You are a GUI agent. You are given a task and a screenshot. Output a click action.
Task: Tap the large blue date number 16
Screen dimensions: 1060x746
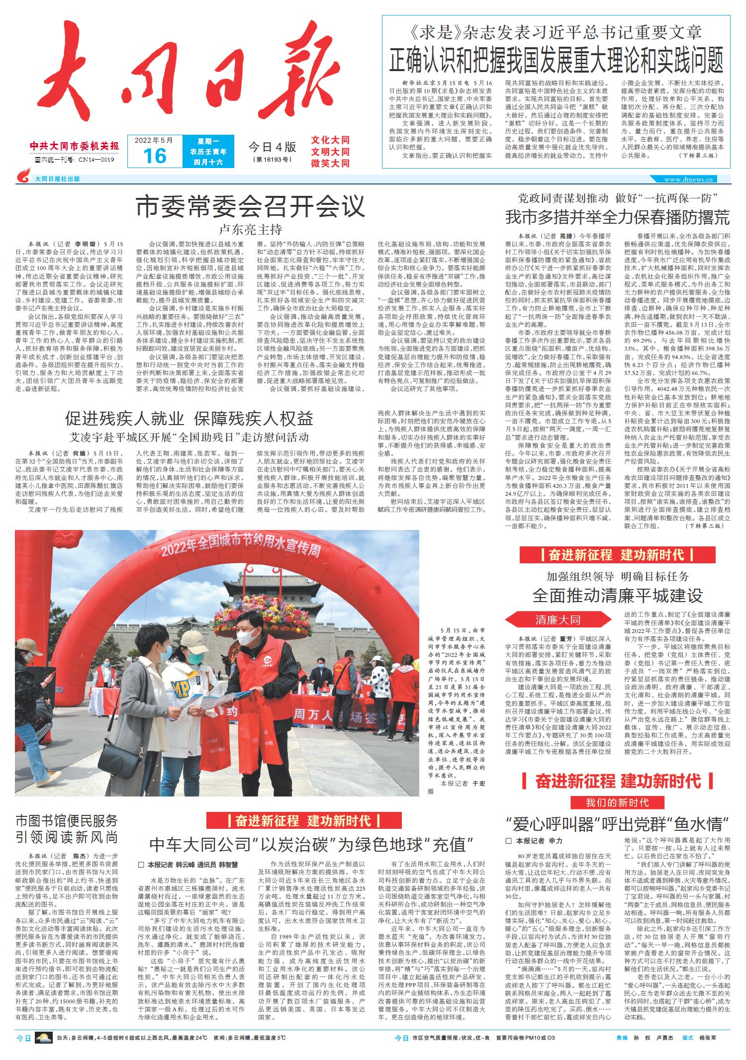click(154, 156)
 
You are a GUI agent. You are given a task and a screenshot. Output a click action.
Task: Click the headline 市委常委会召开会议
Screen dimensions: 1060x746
click(251, 206)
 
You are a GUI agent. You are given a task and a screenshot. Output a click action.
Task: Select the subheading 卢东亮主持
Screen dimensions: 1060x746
click(251, 229)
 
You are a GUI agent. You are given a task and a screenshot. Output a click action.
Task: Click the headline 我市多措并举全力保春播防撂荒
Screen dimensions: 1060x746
click(617, 217)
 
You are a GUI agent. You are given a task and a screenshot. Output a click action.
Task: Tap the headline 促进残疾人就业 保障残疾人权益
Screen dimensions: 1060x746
click(189, 419)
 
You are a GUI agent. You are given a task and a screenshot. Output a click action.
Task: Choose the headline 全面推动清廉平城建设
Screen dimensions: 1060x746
click(617, 595)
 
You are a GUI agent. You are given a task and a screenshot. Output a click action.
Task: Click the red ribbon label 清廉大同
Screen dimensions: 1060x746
click(558, 619)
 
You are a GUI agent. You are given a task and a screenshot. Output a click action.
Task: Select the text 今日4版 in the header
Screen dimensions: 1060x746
click(272, 147)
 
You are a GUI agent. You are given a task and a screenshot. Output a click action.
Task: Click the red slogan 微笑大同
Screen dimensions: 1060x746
click(330, 164)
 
